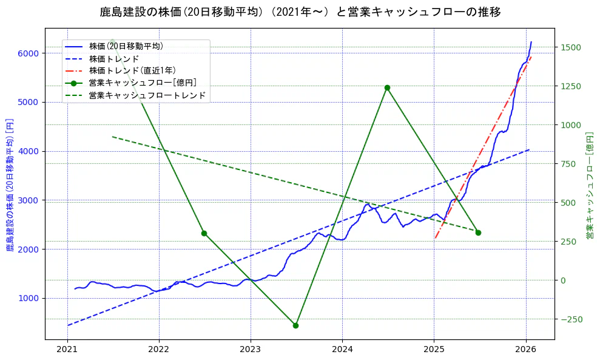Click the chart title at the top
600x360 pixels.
[300, 12]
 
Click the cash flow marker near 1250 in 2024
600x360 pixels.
[387, 87]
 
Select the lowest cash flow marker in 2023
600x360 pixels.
[295, 325]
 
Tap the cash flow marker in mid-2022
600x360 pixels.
[204, 233]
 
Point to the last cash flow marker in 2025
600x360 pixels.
[478, 233]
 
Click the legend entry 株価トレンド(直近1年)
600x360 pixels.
[132, 70]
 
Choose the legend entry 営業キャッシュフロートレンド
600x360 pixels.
[147, 95]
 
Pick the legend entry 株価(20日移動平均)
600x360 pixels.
[126, 46]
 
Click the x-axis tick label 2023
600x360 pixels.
[251, 349]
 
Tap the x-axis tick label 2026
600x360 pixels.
[525, 349]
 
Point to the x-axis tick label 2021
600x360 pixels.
[67, 349]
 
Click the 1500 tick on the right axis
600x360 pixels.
[572, 47]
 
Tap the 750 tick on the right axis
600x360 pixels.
[570, 164]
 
